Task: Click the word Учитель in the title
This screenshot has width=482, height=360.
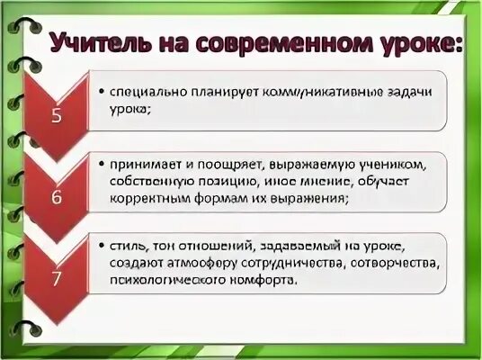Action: (101, 42)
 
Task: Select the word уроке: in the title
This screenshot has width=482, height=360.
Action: (418, 42)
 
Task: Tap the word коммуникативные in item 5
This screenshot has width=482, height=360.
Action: (331, 92)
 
